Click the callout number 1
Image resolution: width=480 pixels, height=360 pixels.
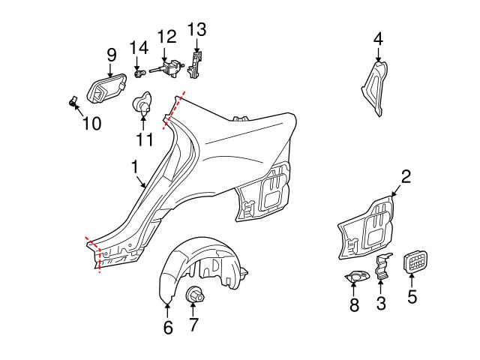coord(135,166)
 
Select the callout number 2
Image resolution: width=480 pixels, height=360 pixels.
coord(406,177)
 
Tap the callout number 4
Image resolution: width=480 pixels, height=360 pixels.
coord(378,37)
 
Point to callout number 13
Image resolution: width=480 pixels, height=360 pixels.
coord(196,30)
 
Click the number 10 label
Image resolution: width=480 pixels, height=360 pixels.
coord(91,124)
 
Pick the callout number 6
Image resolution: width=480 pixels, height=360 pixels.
coord(167,327)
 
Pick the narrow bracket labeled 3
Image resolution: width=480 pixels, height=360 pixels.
coord(381,267)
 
